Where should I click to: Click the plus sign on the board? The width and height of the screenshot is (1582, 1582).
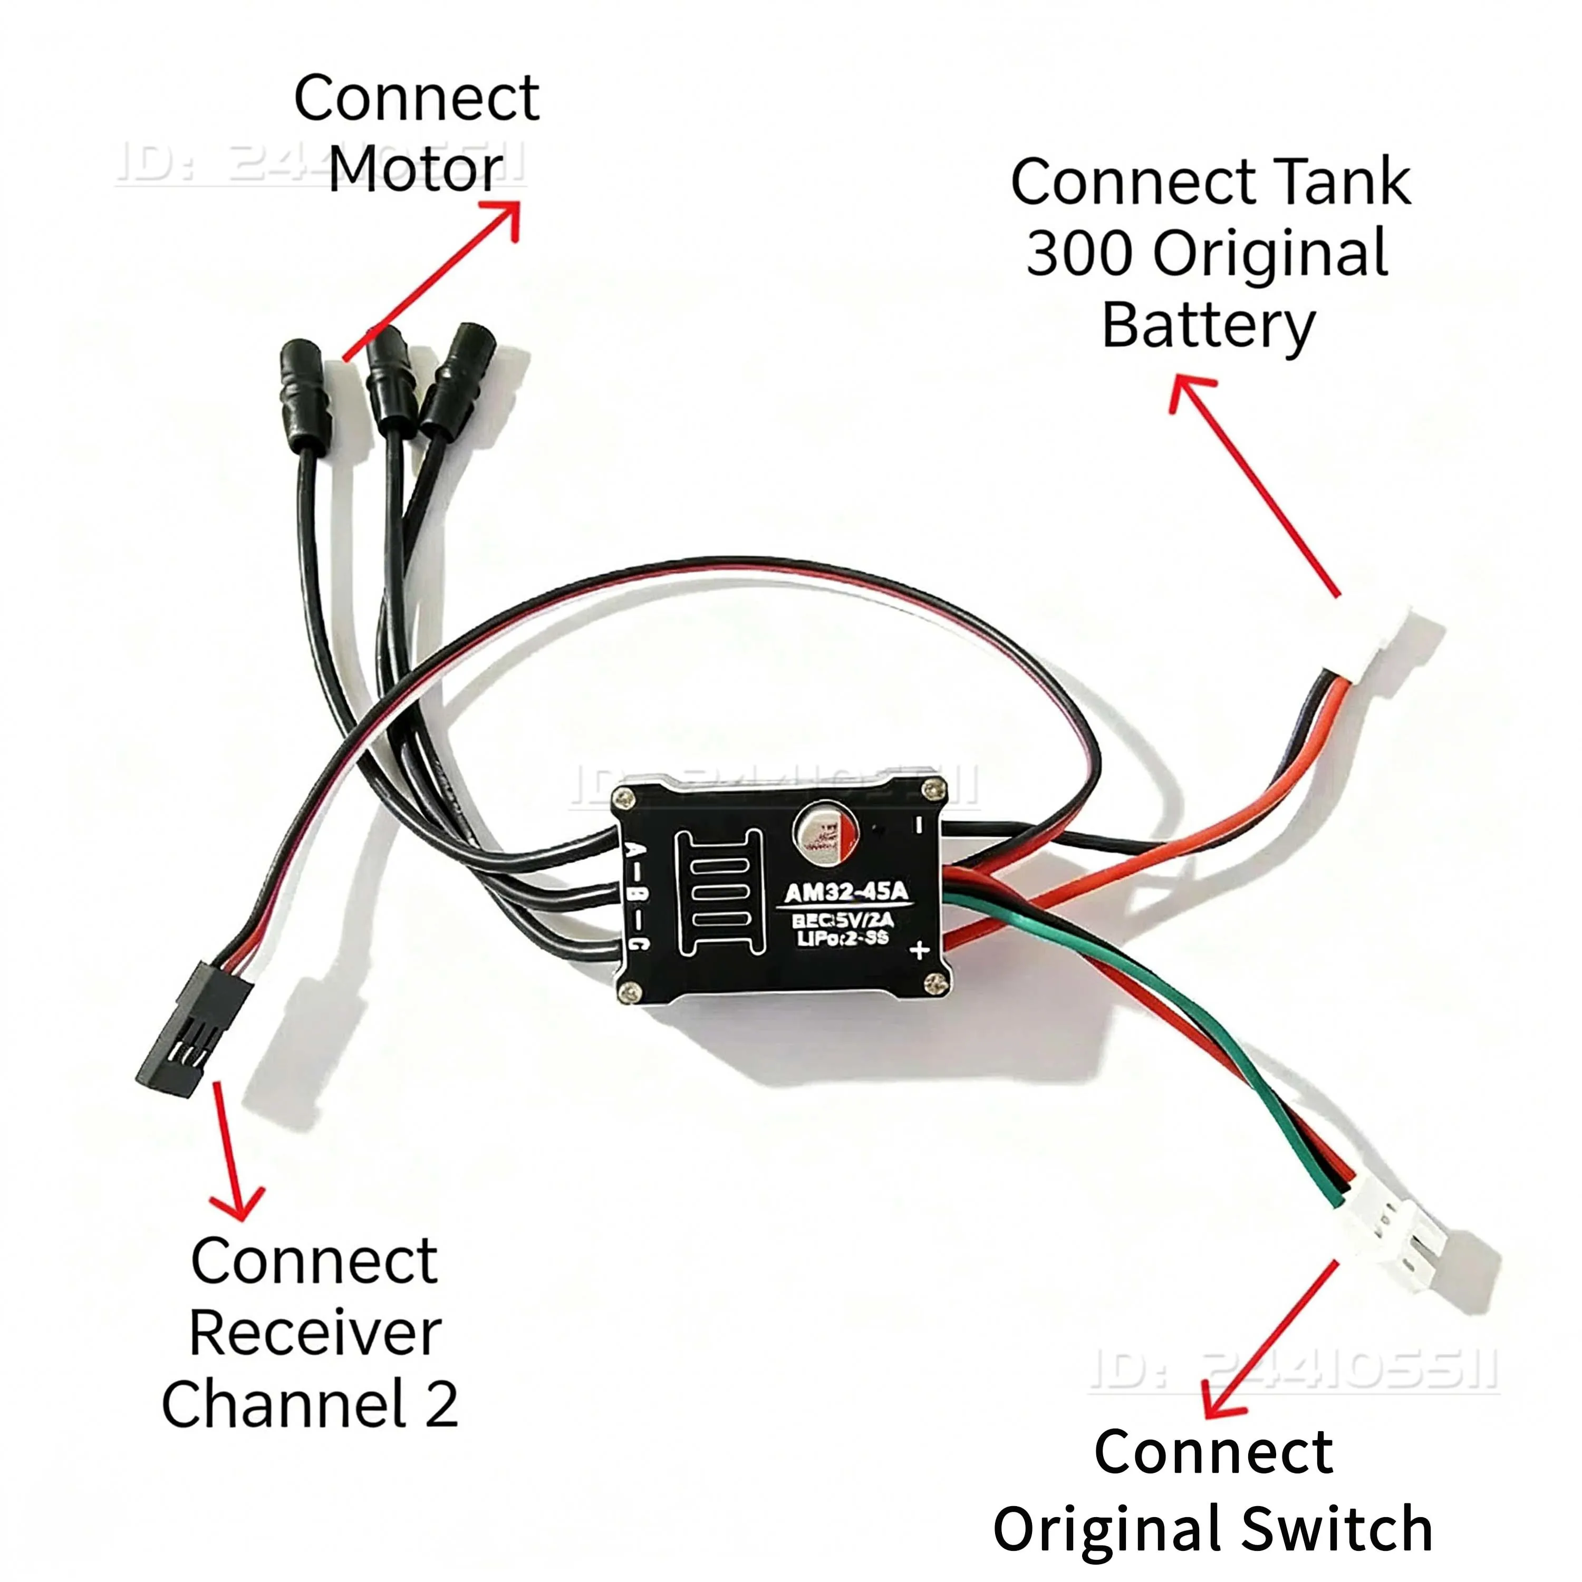pyautogui.click(x=920, y=950)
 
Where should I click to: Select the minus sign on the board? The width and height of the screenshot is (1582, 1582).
pyautogui.click(x=919, y=825)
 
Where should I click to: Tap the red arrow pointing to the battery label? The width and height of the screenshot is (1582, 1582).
pyautogui.click(x=1253, y=483)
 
